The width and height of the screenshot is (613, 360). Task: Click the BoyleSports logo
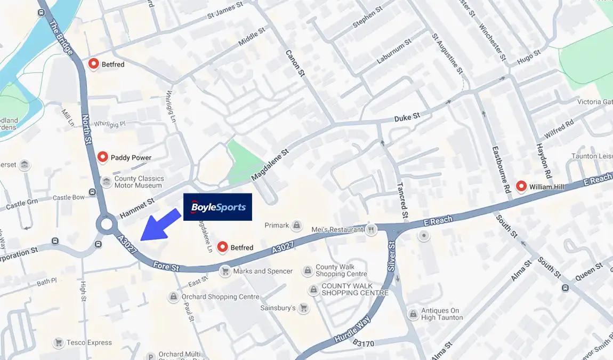tap(217, 207)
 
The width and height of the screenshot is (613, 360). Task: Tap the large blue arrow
tap(160, 225)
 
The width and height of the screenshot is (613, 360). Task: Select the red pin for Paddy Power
tap(103, 157)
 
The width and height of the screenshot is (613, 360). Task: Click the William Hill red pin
tap(521, 186)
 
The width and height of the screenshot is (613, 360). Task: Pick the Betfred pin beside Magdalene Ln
tap(223, 247)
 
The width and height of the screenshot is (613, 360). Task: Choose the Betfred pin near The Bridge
tap(94, 64)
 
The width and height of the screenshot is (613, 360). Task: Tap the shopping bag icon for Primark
tap(297, 226)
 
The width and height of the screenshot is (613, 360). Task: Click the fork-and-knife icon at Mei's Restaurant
tap(372, 229)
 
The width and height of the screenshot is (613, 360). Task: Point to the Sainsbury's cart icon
tap(303, 308)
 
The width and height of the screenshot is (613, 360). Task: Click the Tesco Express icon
tap(59, 342)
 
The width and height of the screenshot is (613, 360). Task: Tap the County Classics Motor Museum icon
tap(106, 182)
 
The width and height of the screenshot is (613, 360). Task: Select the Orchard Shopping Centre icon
tap(173, 297)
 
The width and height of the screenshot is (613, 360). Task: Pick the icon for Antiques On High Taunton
tap(413, 314)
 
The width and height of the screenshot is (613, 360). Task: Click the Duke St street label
tap(407, 116)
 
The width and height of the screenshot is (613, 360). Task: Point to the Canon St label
tap(294, 63)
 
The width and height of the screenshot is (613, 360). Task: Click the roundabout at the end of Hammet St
tap(106, 224)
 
